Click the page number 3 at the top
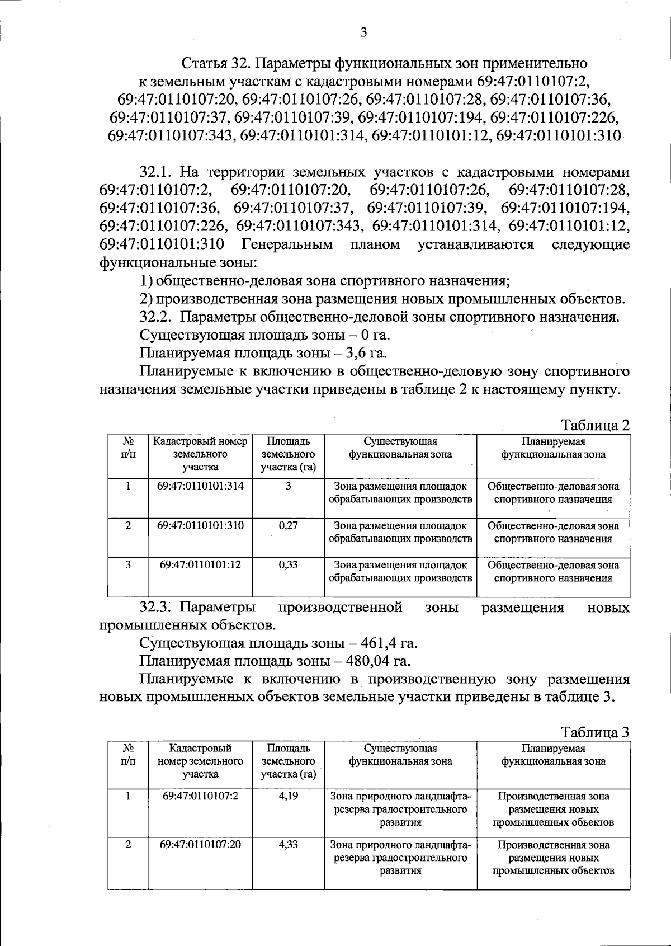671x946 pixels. pyautogui.click(x=363, y=32)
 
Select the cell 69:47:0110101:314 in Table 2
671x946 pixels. pyautogui.click(x=200, y=486)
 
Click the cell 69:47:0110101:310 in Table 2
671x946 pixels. pyautogui.click(x=200, y=525)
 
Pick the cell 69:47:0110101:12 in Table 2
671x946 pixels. pyautogui.click(x=200, y=564)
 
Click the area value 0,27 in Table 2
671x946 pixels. pyautogui.click(x=288, y=526)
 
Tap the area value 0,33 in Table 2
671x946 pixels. pyautogui.click(x=288, y=565)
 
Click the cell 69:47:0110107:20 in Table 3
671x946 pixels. pyautogui.click(x=200, y=844)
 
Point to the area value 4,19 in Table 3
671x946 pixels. pyautogui.click(x=288, y=796)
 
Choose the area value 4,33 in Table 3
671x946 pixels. pyautogui.click(x=288, y=845)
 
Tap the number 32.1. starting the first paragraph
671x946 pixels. pyautogui.click(x=159, y=172)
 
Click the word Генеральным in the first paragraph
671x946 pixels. pyautogui.click(x=287, y=244)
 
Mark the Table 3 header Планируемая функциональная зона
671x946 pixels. pyautogui.click(x=553, y=755)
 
